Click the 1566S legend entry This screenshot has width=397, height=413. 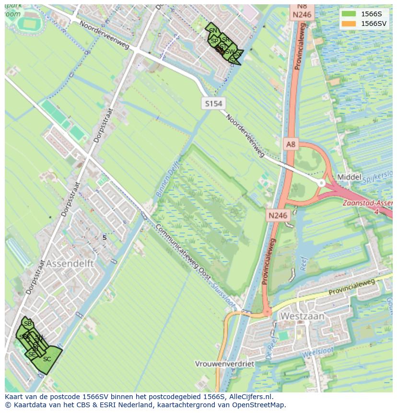[x=364, y=13]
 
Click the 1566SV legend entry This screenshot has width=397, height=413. [x=364, y=24]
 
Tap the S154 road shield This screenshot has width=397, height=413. [x=213, y=103]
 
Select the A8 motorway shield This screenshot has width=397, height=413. [x=291, y=143]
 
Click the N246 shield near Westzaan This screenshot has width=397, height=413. [x=278, y=215]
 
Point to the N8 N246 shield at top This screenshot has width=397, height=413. [x=302, y=10]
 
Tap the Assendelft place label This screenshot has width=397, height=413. [x=70, y=264]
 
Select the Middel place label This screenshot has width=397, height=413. [x=349, y=177]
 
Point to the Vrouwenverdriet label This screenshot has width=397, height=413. [x=224, y=364]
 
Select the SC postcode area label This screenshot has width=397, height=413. [x=47, y=359]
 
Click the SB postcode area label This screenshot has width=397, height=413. [x=28, y=324]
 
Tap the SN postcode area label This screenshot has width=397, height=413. [x=213, y=31]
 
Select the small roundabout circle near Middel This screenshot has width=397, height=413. [x=322, y=183]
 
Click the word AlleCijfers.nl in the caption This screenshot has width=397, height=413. [x=251, y=397]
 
